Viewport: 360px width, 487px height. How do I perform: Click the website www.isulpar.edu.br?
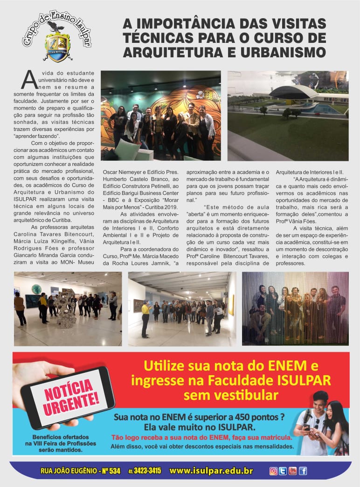point(211,471)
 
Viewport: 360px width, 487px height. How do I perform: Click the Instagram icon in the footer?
point(273,471)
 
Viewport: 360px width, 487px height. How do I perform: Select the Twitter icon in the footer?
point(283,471)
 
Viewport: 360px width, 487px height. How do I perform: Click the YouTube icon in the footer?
point(292,471)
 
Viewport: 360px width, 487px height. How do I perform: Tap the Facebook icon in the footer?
point(303,471)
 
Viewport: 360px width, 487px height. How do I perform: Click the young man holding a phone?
point(313,422)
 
